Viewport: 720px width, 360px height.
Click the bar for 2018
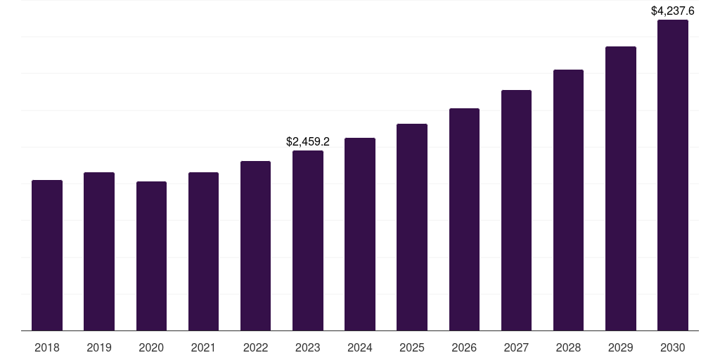pyautogui.click(x=47, y=255)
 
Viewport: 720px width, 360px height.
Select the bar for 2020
pyautogui.click(x=151, y=256)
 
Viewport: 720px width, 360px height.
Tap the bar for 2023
pyautogui.click(x=308, y=240)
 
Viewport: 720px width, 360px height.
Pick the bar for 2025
pyautogui.click(x=412, y=227)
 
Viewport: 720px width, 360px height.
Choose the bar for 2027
pyautogui.click(x=516, y=210)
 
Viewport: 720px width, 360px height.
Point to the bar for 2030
pyautogui.click(x=673, y=175)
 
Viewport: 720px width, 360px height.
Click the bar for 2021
pyautogui.click(x=203, y=251)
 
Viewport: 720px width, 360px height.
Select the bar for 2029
pyautogui.click(x=621, y=188)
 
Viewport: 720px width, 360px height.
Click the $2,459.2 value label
pyautogui.click(x=308, y=141)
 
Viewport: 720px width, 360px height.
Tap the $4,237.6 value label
pyautogui.click(x=673, y=11)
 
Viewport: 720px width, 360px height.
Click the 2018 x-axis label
pyautogui.click(x=47, y=347)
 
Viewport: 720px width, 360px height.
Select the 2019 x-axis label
pyautogui.click(x=99, y=347)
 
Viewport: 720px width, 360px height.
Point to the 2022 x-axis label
pyautogui.click(x=255, y=347)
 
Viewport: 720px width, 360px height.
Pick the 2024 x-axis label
pyautogui.click(x=360, y=347)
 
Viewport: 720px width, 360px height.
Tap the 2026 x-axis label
pyautogui.click(x=464, y=347)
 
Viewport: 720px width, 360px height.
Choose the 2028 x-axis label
pyautogui.click(x=568, y=347)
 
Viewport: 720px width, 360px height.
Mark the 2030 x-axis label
pyautogui.click(x=673, y=347)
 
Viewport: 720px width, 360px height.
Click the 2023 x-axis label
pyautogui.click(x=308, y=347)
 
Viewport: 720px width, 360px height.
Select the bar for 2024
pyautogui.click(x=360, y=234)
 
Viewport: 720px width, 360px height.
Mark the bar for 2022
pyautogui.click(x=255, y=245)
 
